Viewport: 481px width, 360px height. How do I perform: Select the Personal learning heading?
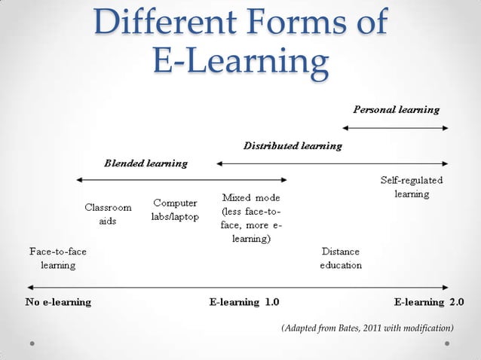click(397, 109)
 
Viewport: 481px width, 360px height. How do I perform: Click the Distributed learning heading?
click(293, 145)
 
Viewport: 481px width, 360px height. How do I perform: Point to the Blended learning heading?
click(146, 163)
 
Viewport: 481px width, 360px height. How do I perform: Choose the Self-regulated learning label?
click(412, 188)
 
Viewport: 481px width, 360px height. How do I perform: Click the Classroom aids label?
click(108, 214)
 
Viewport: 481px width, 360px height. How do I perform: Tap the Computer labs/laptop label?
click(176, 209)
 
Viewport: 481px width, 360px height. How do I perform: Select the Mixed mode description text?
click(252, 218)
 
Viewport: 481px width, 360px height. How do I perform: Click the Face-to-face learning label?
click(57, 258)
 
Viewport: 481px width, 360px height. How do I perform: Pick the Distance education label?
click(341, 258)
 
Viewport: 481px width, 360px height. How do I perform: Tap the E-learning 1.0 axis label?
click(244, 302)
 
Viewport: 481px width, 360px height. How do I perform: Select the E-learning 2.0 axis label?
click(430, 302)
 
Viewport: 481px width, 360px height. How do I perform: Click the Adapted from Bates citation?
click(367, 328)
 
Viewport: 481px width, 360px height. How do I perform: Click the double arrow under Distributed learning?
click(332, 162)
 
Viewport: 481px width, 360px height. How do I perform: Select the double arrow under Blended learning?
click(182, 179)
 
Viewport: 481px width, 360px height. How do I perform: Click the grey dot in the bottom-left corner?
click(32, 343)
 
